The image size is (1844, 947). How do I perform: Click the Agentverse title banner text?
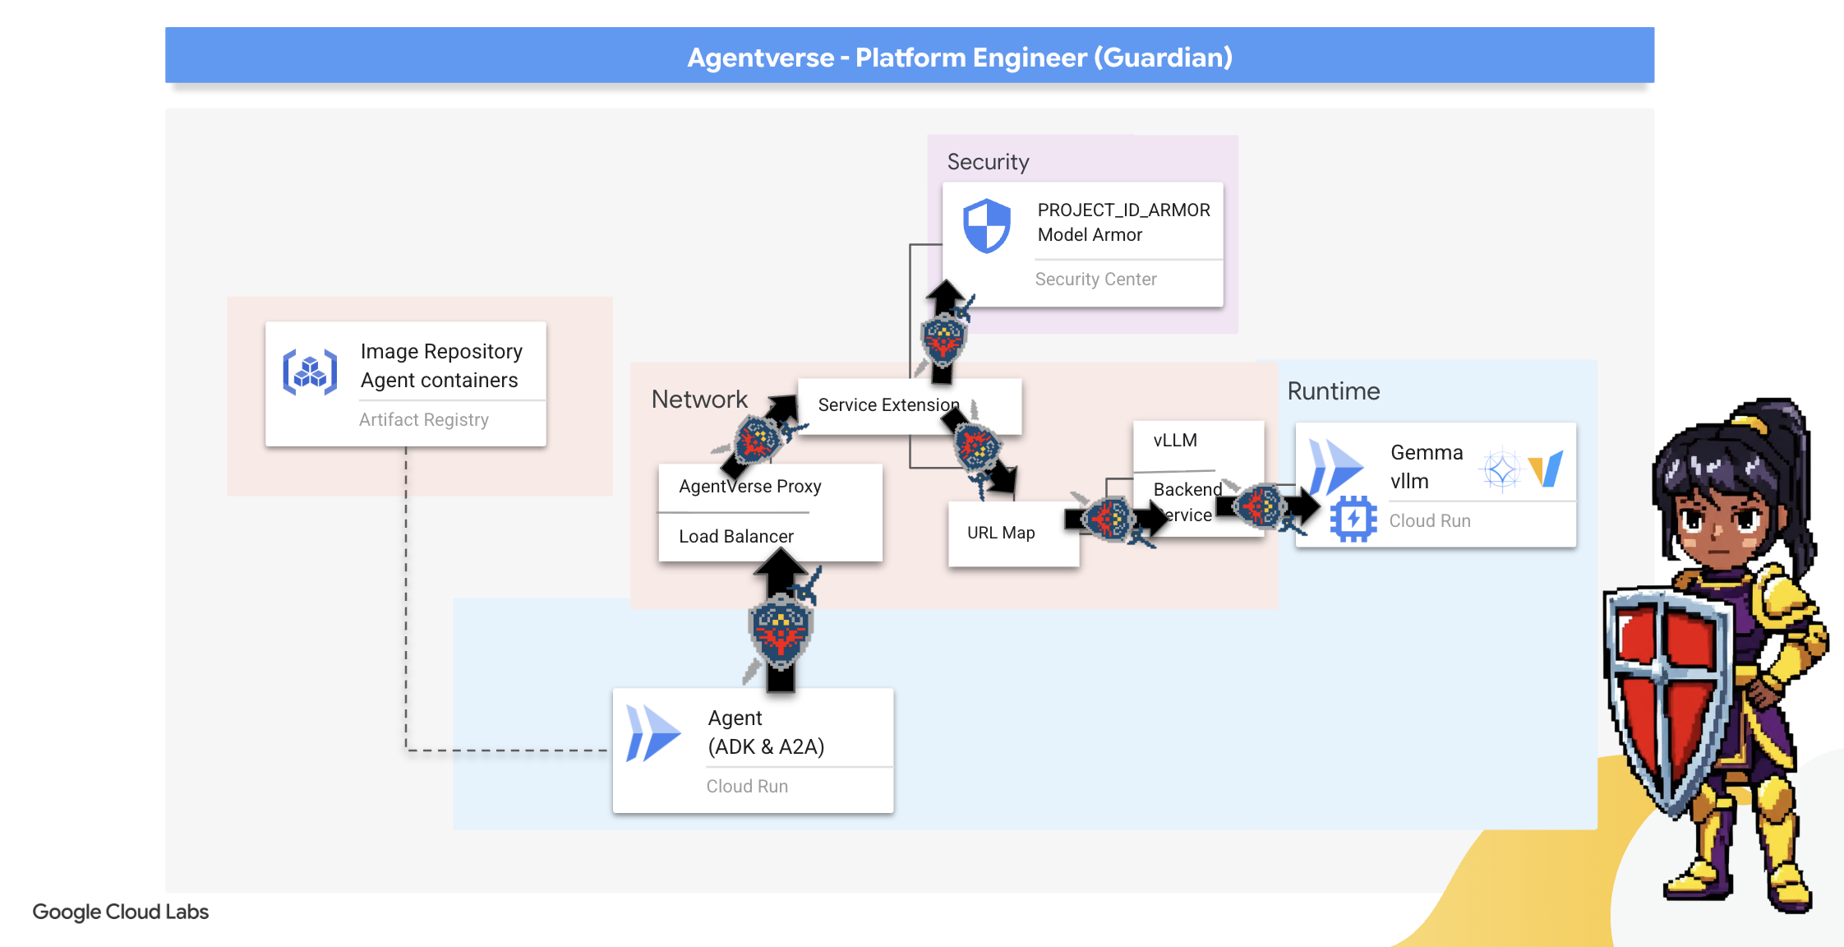959,58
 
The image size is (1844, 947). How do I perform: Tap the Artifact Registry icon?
310,372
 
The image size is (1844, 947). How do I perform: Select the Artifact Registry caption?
423,420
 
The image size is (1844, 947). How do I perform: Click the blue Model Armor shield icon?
986,225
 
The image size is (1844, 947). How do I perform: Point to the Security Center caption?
1095,279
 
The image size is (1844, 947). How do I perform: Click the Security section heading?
988,162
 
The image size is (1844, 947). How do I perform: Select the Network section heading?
699,400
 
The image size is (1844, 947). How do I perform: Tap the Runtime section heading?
1333,391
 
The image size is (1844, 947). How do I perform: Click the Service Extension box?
887,405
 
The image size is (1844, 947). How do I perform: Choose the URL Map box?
1001,534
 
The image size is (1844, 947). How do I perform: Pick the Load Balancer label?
735,537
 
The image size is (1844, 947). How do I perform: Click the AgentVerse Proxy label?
749,487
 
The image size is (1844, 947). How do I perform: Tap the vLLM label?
1175,441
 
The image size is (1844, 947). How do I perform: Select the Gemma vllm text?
1426,467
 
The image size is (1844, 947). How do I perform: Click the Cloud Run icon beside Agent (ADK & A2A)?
652,732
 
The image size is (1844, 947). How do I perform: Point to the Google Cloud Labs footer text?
120,912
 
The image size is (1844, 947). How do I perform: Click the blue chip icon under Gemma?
1353,519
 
